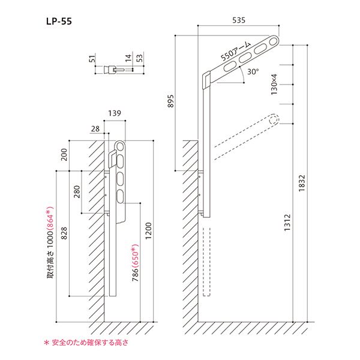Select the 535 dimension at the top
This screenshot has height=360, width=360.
pos(239,20)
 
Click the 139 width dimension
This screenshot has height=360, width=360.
pos(115,113)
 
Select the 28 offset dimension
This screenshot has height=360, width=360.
pos(96,128)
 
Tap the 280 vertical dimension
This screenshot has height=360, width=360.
pos(77,193)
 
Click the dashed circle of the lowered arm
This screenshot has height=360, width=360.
pos(274,119)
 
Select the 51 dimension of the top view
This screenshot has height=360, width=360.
pos(91,59)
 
